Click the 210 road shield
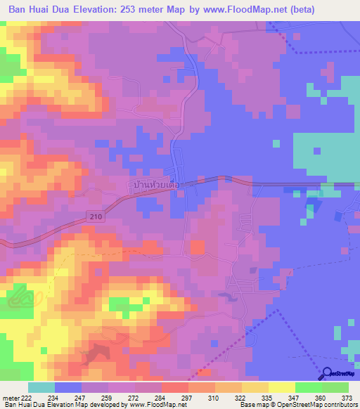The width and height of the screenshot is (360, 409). pos(96,217)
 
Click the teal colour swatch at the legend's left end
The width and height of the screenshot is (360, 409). pos(41,387)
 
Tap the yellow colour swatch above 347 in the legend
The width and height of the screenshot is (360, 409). pos(281,387)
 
